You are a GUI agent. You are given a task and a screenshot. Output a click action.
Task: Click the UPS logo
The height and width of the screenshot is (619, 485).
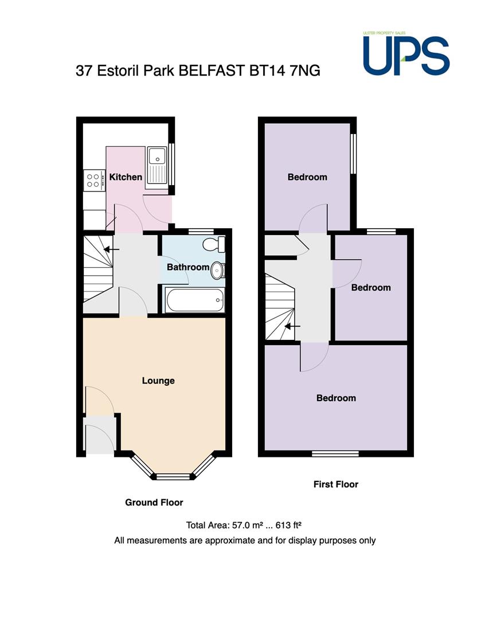click(x=406, y=54)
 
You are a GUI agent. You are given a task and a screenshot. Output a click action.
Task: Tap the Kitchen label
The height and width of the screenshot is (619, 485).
click(x=126, y=177)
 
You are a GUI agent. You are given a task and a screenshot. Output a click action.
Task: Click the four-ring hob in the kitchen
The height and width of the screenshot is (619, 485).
click(x=93, y=181)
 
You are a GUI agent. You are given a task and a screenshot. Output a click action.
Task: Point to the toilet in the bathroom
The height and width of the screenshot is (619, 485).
click(x=214, y=244)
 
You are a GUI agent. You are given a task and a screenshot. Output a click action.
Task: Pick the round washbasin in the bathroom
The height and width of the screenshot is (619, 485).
click(x=218, y=271)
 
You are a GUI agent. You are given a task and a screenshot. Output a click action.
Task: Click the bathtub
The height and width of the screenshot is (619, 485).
click(x=195, y=300)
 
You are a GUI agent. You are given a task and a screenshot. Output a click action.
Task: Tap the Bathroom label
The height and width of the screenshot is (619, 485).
click(x=188, y=267)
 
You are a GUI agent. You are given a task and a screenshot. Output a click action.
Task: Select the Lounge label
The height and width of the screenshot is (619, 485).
click(x=158, y=381)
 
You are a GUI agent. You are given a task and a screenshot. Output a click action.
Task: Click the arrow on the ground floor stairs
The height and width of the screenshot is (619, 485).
click(x=111, y=249)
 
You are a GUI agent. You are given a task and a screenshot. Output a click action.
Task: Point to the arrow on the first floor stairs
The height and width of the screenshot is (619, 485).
click(x=292, y=327)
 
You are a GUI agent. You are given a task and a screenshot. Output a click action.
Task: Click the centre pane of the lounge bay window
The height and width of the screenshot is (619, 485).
click(x=174, y=477)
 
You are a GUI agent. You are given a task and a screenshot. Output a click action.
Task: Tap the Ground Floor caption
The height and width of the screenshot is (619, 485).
click(x=154, y=503)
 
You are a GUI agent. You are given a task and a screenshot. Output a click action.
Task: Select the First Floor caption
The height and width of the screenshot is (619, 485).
click(x=336, y=484)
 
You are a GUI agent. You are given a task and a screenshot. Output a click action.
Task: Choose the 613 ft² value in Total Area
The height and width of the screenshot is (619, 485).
click(x=289, y=526)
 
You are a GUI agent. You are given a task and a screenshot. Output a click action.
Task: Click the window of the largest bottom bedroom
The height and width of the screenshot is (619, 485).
click(x=335, y=453)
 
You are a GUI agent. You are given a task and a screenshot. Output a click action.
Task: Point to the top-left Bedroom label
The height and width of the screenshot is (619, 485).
click(x=307, y=177)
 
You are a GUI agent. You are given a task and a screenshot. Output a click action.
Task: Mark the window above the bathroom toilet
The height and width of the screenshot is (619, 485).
click(x=201, y=232)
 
